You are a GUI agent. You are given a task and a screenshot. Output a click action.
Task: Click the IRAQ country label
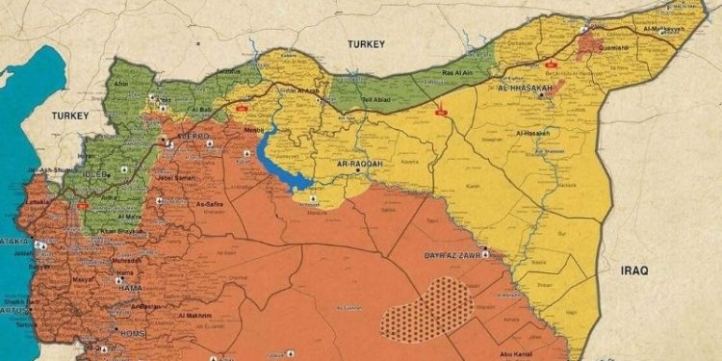point(632,271)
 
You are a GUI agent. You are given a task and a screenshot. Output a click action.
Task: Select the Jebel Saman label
point(173,179)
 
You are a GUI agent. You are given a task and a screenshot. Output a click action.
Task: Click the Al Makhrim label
point(195,315)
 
